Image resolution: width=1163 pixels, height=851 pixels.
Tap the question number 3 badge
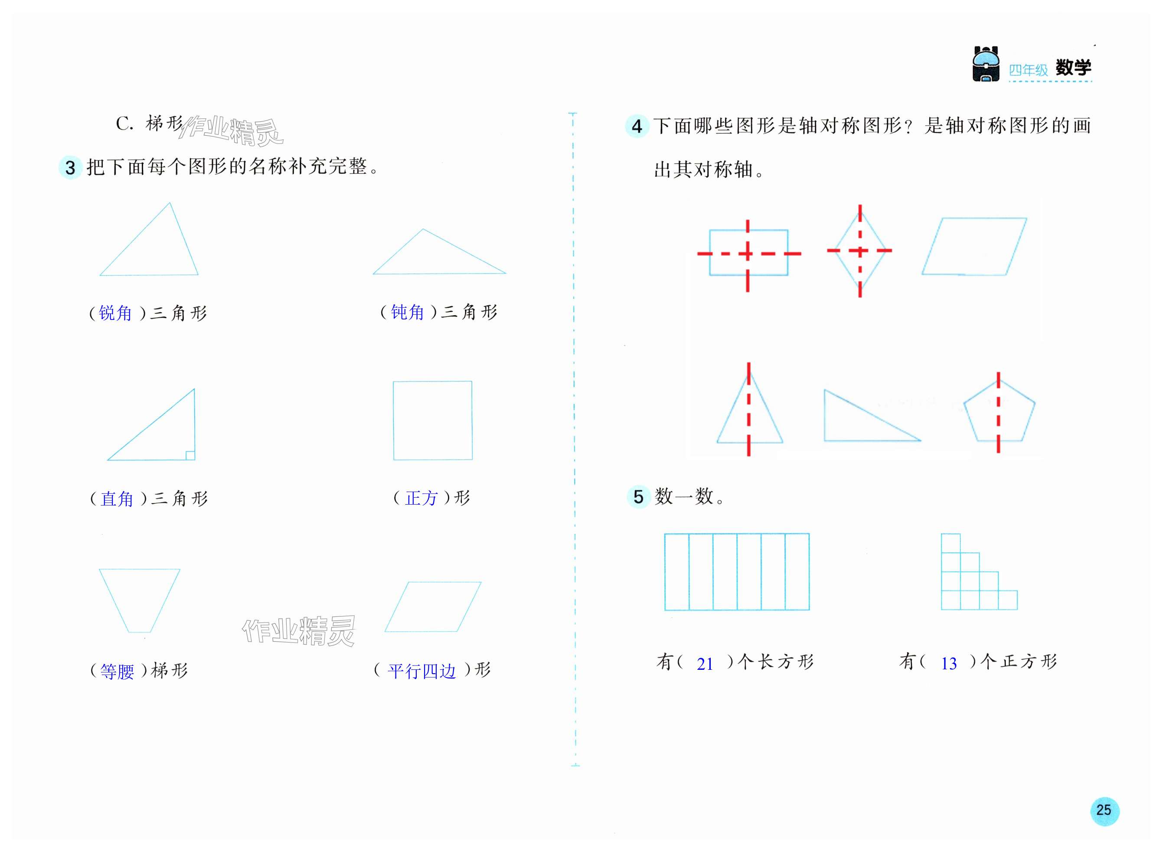coord(70,167)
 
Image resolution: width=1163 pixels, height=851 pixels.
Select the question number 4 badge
coord(637,126)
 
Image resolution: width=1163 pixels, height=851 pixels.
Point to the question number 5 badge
coord(638,496)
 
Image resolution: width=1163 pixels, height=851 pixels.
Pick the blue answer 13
coord(949,663)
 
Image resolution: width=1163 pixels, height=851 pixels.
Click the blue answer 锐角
coord(115,313)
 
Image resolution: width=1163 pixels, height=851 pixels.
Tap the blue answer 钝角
coord(407,312)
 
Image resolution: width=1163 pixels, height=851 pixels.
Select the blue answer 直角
coord(117,499)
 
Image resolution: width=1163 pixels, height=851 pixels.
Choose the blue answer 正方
coord(421,498)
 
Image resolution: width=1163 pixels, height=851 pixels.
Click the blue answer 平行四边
coord(421,671)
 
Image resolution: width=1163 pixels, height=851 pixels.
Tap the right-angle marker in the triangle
coord(189,455)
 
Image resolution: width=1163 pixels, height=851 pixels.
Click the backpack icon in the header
coord(985,65)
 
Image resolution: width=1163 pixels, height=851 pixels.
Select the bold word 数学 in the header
coord(1073,68)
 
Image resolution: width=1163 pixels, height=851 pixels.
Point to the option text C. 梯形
coord(150,124)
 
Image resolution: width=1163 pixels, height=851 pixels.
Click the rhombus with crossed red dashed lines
coord(859,251)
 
